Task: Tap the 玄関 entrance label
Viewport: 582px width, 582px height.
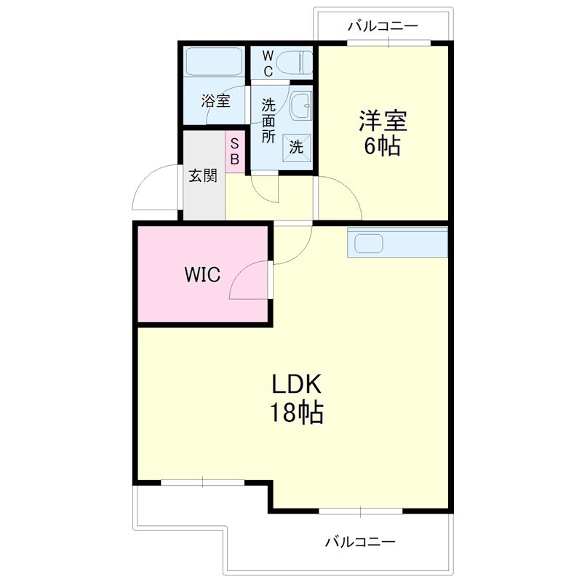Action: (x=203, y=176)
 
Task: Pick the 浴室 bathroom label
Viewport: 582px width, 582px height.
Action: (x=216, y=101)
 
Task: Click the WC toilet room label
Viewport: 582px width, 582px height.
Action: (x=267, y=63)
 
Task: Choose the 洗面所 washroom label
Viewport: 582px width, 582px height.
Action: (x=268, y=119)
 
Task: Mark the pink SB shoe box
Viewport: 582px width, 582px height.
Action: (x=235, y=151)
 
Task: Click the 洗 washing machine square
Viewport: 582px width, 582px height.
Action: (x=297, y=146)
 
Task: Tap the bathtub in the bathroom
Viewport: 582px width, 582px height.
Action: (x=214, y=62)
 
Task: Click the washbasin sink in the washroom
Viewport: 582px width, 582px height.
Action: (x=299, y=108)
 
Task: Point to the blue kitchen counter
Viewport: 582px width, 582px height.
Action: (x=399, y=242)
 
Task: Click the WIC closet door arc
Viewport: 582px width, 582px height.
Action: (x=247, y=282)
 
